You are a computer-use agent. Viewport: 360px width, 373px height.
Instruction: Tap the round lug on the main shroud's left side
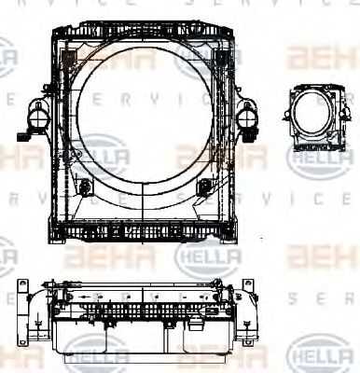[38, 117]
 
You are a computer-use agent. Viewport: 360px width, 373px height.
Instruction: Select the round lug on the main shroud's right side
[246, 117]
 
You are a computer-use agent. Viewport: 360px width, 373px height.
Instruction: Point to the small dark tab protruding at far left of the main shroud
[21, 137]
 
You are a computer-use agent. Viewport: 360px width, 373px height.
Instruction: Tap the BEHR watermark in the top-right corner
[321, 58]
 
